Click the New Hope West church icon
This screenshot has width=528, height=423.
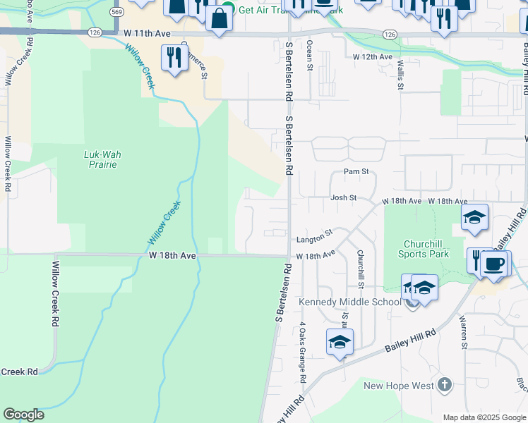(443, 385)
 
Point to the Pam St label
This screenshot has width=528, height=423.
(356, 171)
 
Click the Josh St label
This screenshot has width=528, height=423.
(344, 198)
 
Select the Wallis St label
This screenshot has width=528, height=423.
(400, 75)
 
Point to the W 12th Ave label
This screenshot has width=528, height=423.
(372, 56)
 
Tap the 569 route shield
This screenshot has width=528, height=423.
(117, 12)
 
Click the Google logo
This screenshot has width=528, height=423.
(23, 415)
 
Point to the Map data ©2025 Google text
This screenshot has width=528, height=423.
(483, 417)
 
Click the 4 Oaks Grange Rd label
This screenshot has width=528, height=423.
(302, 352)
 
